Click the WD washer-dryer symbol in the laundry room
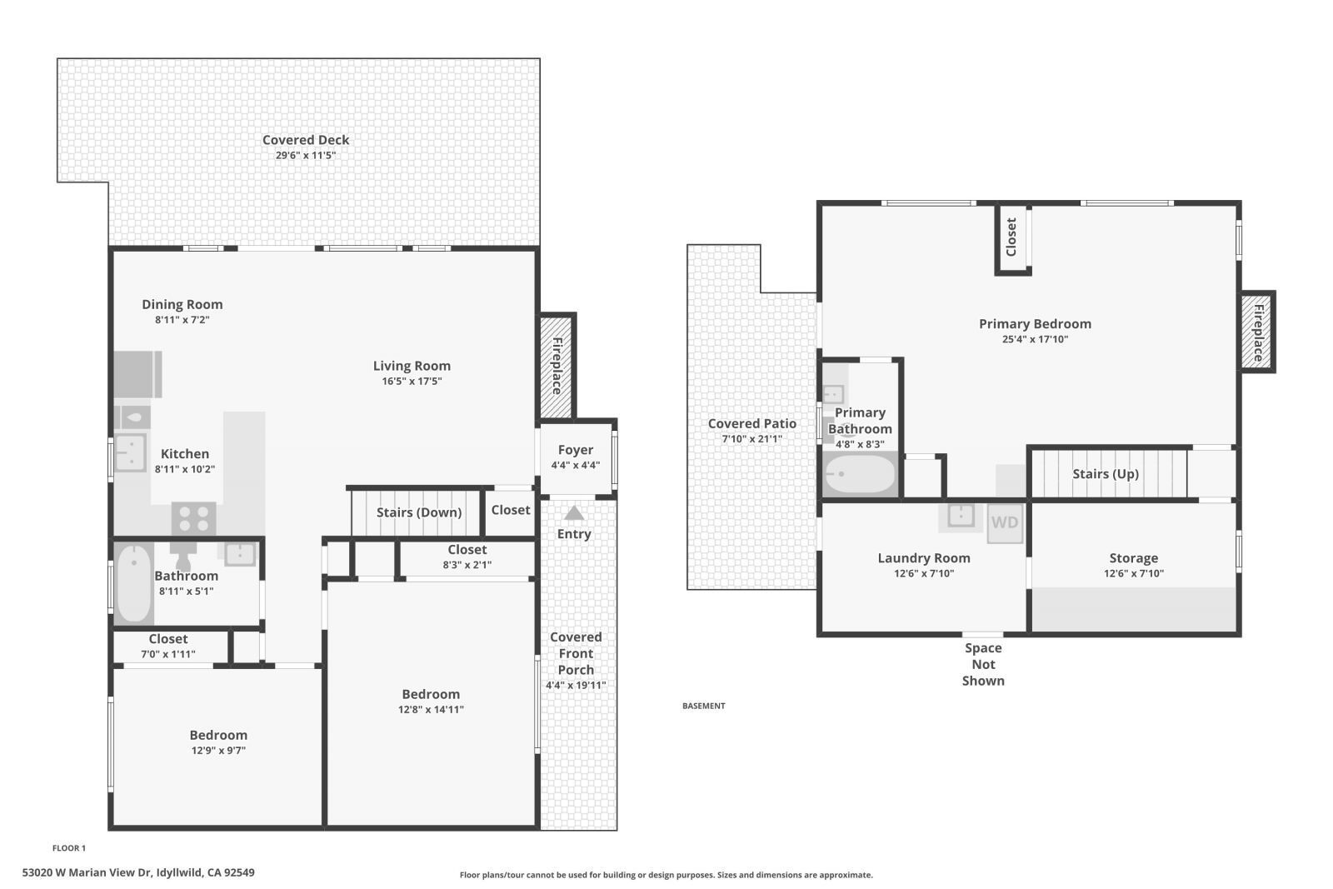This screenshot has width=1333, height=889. tap(1005, 523)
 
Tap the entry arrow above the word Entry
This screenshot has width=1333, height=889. tap(574, 513)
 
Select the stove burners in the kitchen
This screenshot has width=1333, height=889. tap(193, 519)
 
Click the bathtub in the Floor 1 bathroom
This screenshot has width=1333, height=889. tap(133, 583)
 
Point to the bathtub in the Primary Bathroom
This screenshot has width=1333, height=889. tap(860, 475)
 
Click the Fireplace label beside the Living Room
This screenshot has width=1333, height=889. tap(557, 367)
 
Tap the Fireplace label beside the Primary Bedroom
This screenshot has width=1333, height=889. tap(1258, 332)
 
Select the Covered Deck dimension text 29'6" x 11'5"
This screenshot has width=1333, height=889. tap(306, 156)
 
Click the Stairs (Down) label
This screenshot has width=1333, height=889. tap(418, 512)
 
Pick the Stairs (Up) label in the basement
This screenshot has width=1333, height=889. tap(1105, 474)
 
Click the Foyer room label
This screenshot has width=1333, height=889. tap(575, 450)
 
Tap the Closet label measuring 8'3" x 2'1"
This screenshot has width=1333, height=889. tap(467, 550)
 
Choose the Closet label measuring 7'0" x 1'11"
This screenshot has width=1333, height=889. tap(168, 639)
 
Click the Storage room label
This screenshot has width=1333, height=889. tap(1133, 558)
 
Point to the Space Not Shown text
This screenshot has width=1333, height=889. tap(983, 664)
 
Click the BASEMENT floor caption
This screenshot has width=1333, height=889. tap(703, 706)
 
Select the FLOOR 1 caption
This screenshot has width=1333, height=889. tap(69, 848)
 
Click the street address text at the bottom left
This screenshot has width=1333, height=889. tap(138, 873)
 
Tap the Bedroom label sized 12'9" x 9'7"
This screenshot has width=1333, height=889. tap(218, 735)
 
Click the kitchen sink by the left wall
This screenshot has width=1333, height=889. tap(130, 452)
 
